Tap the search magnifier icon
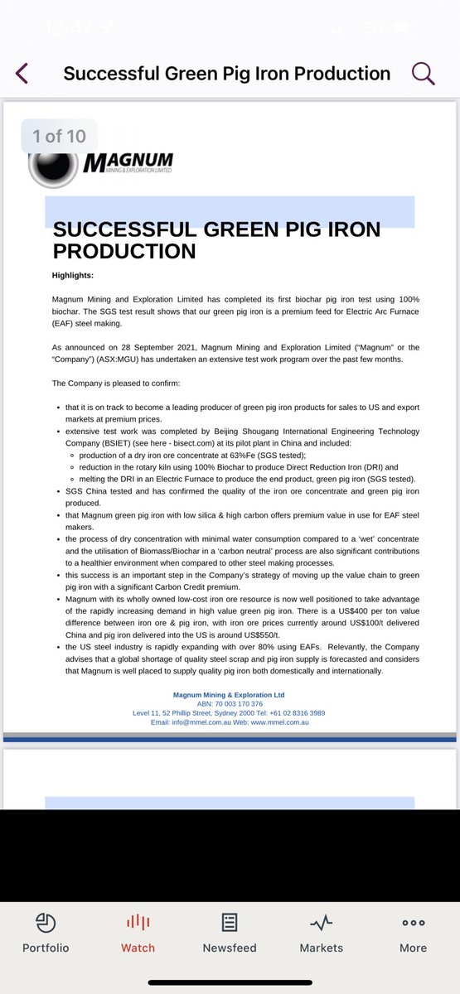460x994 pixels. tap(423, 73)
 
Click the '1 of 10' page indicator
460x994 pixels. tap(59, 136)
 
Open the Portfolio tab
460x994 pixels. tap(46, 933)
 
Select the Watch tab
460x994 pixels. tap(138, 933)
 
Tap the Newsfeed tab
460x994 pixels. tap(230, 933)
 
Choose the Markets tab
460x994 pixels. tap(321, 933)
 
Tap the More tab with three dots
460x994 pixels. tap(413, 933)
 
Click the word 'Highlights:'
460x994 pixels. tap(73, 275)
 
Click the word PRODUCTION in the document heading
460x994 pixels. tap(124, 251)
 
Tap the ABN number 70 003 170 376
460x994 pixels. tap(240, 703)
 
